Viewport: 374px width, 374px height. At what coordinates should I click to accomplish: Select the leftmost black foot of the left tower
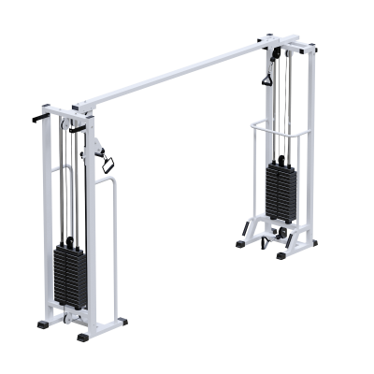click(x=44, y=324)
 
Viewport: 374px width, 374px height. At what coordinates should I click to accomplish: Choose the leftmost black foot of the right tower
click(x=241, y=243)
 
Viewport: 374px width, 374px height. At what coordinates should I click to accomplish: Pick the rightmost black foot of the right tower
click(x=311, y=243)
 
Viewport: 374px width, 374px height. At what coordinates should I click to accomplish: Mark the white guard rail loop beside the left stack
click(x=113, y=243)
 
